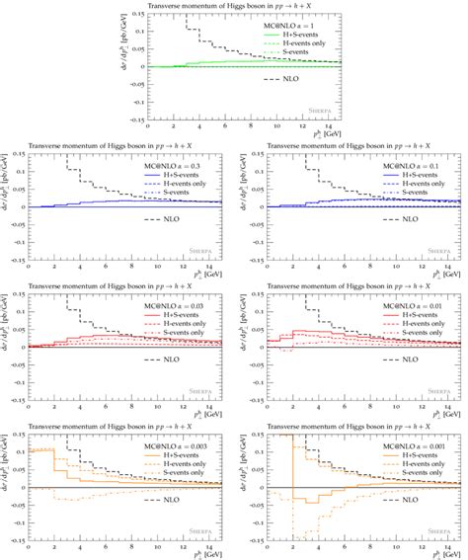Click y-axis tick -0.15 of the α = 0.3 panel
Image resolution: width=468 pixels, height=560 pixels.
click(x=17, y=260)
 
